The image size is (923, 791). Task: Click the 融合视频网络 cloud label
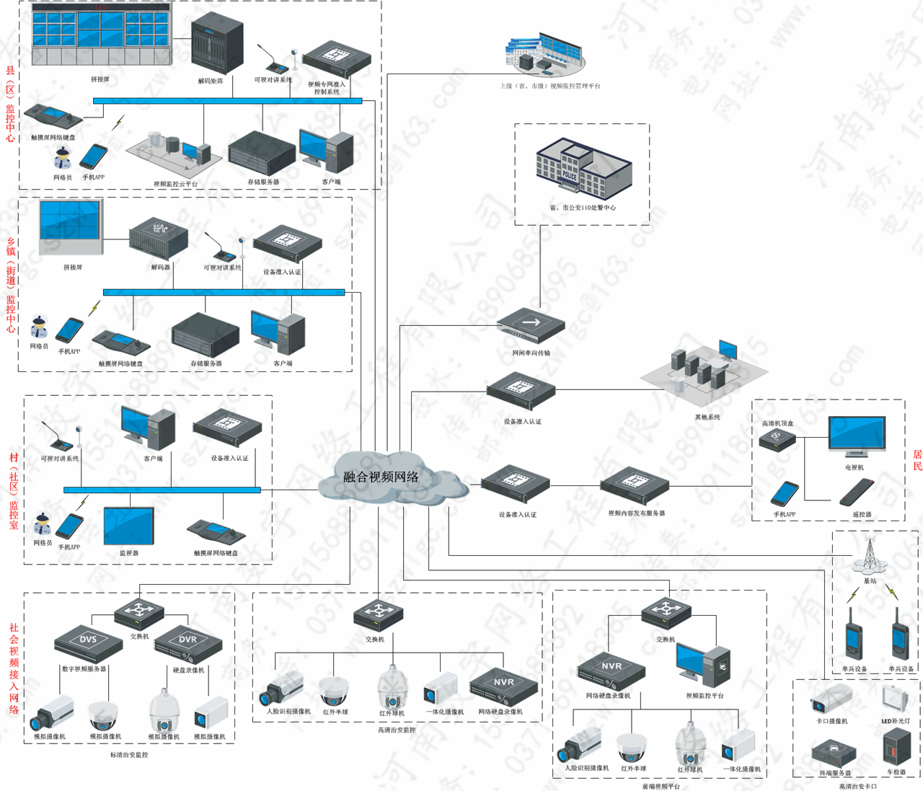coord(381,477)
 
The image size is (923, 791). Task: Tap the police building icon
coord(582,169)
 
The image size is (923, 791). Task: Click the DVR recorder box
coord(187,642)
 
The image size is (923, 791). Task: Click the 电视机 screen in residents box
coord(856,436)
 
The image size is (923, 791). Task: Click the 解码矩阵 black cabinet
coord(216,43)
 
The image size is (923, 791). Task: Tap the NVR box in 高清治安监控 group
coord(503,686)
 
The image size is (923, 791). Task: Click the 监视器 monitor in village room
coord(128,526)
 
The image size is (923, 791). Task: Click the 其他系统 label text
coord(707,417)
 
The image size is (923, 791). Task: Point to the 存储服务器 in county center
coord(262,153)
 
